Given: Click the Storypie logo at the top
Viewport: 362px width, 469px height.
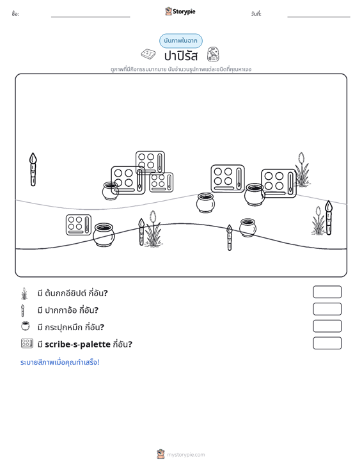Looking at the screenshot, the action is click(x=180, y=12).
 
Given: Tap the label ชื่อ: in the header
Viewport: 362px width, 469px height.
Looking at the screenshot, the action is click(x=15, y=14).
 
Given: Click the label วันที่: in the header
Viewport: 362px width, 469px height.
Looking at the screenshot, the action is click(x=256, y=14).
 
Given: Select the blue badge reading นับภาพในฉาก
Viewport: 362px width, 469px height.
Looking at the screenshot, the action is click(x=181, y=41).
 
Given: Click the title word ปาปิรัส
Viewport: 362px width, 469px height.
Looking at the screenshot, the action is click(x=181, y=56).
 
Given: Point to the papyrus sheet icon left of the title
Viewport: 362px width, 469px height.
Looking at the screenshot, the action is click(x=148, y=54).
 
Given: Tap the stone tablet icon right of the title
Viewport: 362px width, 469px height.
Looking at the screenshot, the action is click(x=213, y=54).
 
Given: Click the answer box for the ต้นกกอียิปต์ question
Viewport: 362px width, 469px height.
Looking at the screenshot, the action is click(x=327, y=292).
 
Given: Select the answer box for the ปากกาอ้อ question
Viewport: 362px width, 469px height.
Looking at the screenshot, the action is click(x=327, y=309).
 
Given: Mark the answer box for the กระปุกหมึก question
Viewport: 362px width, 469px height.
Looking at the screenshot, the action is click(x=327, y=326).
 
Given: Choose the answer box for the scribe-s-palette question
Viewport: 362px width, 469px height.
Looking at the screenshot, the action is click(x=327, y=343).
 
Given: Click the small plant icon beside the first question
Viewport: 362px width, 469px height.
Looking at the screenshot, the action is click(x=24, y=294).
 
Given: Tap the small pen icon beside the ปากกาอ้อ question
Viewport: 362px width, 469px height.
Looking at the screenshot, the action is click(x=22, y=310).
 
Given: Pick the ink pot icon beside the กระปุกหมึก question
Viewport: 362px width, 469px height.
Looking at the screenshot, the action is click(x=26, y=326).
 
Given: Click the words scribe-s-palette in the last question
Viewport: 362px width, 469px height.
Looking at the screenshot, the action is click(x=78, y=344).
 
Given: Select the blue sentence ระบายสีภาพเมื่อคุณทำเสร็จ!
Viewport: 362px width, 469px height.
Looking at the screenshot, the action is click(x=59, y=362).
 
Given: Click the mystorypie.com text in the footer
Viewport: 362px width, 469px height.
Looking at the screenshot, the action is click(x=186, y=455).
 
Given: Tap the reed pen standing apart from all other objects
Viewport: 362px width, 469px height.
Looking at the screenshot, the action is click(x=33, y=170).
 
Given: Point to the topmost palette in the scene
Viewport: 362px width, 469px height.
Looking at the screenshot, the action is click(x=150, y=163).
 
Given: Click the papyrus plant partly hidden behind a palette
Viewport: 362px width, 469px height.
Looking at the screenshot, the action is click(x=302, y=170).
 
